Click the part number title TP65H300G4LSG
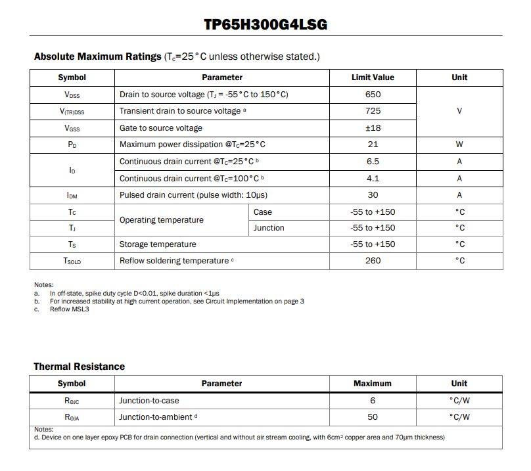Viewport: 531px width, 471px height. tap(265, 25)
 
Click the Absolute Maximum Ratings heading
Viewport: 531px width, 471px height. tap(97, 56)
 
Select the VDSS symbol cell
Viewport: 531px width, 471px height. tap(72, 95)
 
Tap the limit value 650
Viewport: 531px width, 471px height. tap(373, 95)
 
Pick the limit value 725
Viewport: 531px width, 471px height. tap(373, 111)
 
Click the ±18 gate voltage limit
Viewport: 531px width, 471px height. tap(373, 128)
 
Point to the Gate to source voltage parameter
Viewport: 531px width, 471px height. tap(161, 128)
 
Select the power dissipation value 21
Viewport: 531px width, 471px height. tap(373, 145)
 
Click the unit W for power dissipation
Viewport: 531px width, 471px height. tap(459, 145)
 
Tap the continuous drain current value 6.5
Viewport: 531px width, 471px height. tap(373, 162)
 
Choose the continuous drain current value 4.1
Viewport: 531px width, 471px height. tap(373, 178)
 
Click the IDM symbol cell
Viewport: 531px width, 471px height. tap(72, 195)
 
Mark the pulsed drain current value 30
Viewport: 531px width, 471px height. tap(373, 195)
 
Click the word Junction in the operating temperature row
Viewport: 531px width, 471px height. tap(269, 228)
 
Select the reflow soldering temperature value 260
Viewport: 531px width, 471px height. tap(373, 261)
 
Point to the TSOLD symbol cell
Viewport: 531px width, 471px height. tap(72, 261)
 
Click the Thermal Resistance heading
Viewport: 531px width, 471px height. tap(79, 367)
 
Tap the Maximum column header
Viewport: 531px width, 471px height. tap(372, 384)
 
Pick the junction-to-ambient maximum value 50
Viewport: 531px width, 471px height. tap(373, 417)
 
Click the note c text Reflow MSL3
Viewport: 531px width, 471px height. tap(69, 309)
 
